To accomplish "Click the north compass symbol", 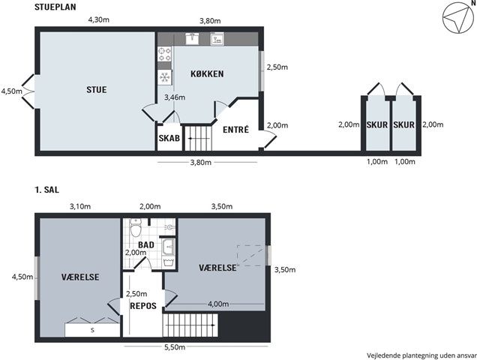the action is tap(456, 19).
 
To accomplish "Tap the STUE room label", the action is tap(97, 90).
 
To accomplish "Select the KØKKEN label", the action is tap(207, 74).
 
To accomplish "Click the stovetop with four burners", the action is tap(164, 54).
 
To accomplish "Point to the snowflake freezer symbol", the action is tap(164, 77).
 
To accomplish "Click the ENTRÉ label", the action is tap(235, 130).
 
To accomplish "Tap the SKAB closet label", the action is tap(169, 138).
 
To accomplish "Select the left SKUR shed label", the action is tap(377, 124).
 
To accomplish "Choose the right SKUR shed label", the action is tap(404, 124).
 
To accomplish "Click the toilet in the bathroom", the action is tap(136, 227).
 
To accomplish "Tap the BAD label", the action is tap(146, 244).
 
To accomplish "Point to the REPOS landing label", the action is tap(143, 305).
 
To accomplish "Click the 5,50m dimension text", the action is tap(175, 347).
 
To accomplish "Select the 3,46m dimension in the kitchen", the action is tap(175, 97).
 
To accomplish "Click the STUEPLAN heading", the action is tap(55, 7).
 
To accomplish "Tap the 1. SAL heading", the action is tap(46, 190).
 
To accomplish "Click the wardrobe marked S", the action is tap(92, 330).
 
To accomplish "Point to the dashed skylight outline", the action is tap(250, 256).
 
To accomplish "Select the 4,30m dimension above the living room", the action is tap(99, 20).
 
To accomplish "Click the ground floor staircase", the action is tap(198, 138).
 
